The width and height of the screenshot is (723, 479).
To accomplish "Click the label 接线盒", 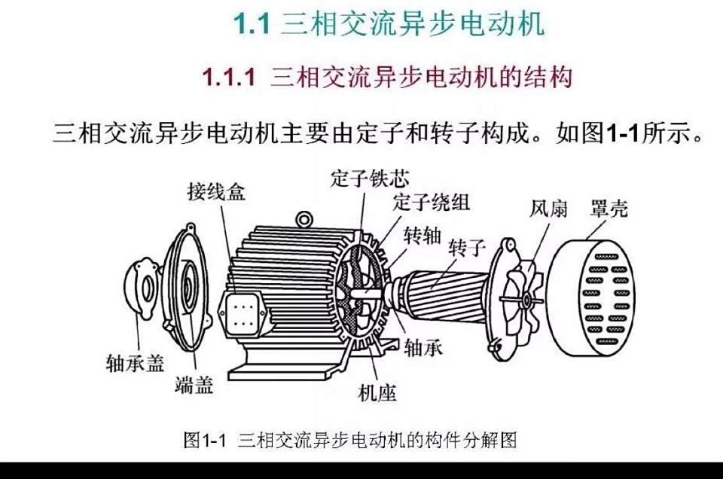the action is pyautogui.click(x=216, y=192).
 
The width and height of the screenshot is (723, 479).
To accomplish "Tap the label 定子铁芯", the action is pyautogui.click(x=370, y=178).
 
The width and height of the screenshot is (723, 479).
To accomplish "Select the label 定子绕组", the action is pyautogui.click(x=432, y=202).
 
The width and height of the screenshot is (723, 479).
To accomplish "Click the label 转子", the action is pyautogui.click(x=467, y=248).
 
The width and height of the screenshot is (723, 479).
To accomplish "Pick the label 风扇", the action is pyautogui.click(x=548, y=209).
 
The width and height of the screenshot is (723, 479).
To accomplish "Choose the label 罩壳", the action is pyautogui.click(x=609, y=209).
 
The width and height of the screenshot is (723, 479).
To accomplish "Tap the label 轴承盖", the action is pyautogui.click(x=135, y=363).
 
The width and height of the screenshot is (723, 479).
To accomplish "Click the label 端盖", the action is pyautogui.click(x=194, y=385).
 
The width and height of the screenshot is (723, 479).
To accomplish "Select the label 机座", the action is pyautogui.click(x=377, y=393).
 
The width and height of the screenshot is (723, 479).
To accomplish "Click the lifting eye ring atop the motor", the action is pyautogui.click(x=304, y=219).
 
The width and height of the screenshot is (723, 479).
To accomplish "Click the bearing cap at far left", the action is pyautogui.click(x=142, y=288).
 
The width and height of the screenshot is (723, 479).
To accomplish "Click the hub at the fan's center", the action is pyautogui.click(x=526, y=301).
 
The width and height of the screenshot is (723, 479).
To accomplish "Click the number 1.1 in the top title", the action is pyautogui.click(x=252, y=23).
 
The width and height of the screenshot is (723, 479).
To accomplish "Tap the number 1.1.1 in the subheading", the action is pyautogui.click(x=229, y=77).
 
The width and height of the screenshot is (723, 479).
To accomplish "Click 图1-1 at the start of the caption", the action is pyautogui.click(x=205, y=440).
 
